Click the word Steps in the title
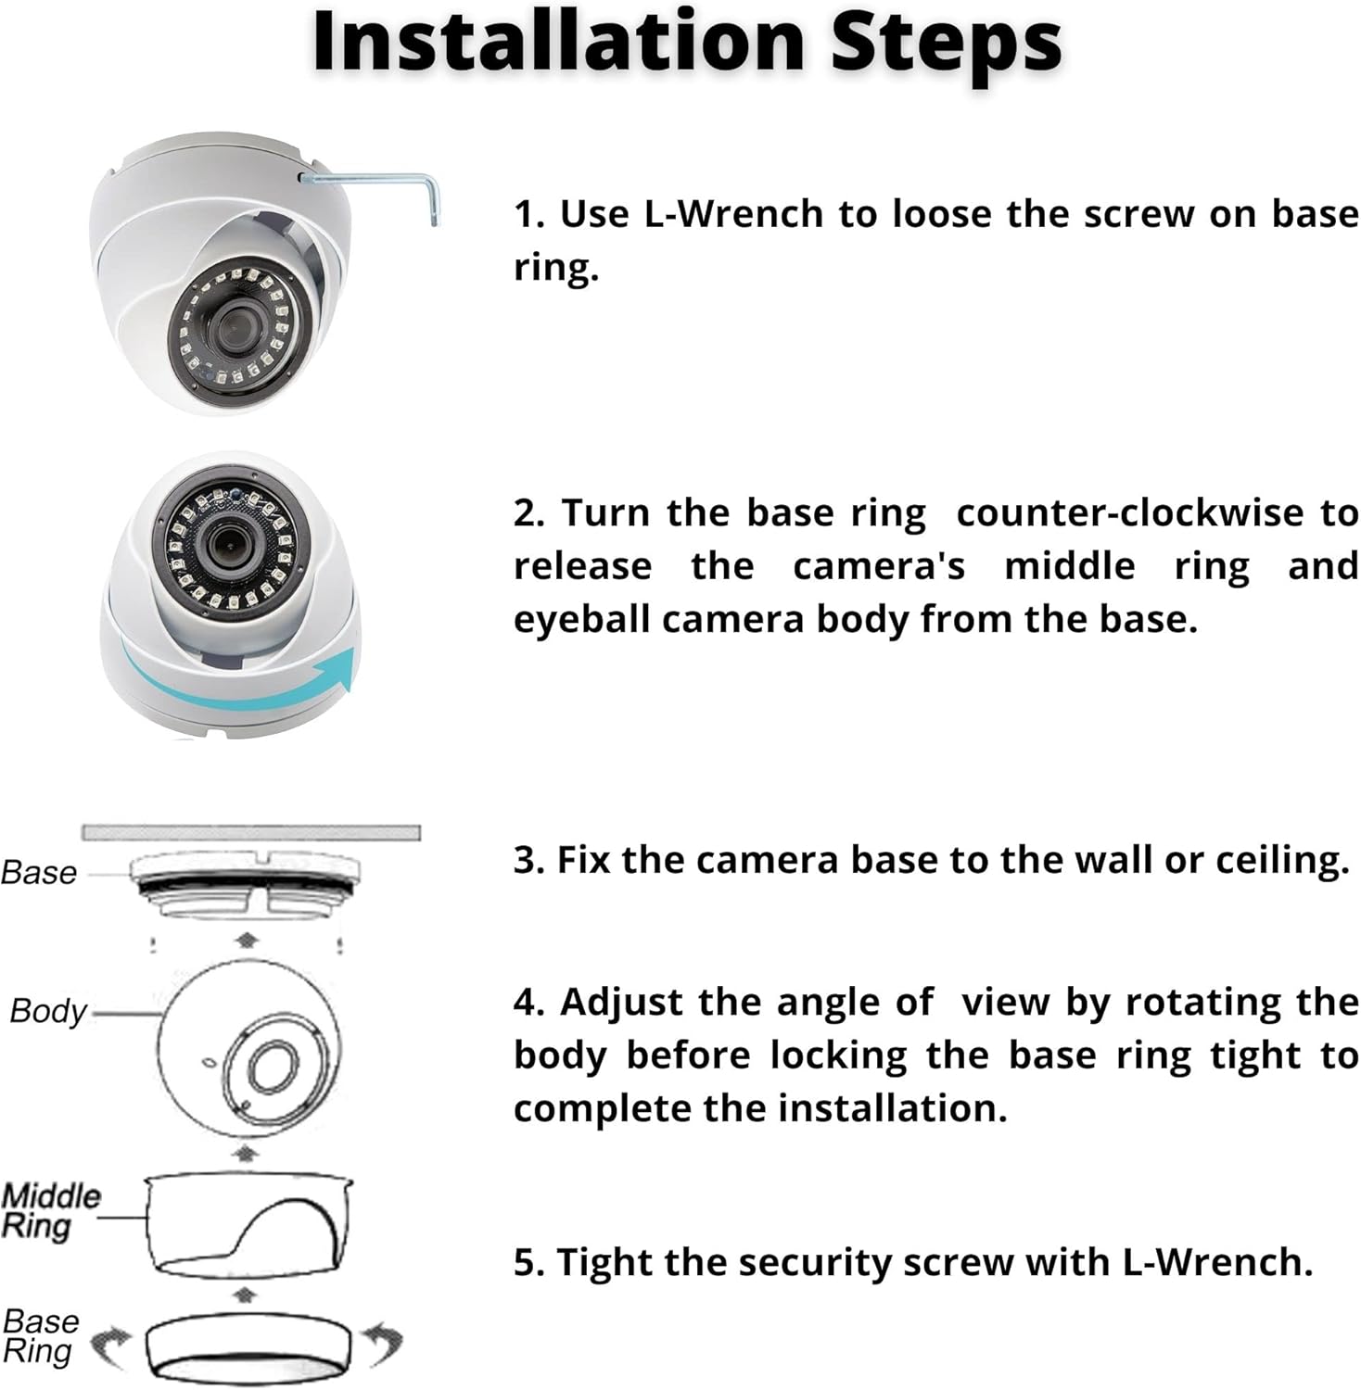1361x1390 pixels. point(945,42)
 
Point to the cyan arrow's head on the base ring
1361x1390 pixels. point(343,669)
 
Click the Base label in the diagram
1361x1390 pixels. point(39,873)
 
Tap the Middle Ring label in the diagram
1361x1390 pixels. point(48,1211)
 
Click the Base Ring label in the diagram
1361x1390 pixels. point(41,1336)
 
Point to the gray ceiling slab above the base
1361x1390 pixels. point(250,832)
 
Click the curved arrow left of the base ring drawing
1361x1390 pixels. point(113,1346)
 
